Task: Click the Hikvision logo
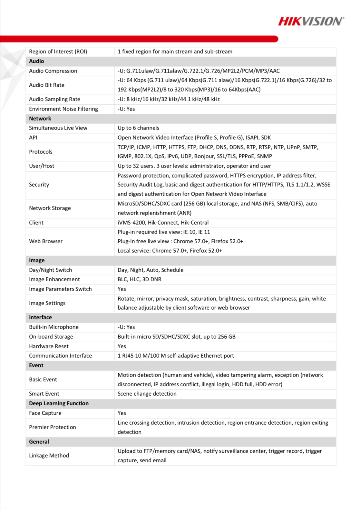pyautogui.click(x=311, y=21)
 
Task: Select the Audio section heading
pyautogui.click(x=36, y=61)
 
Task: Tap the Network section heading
pyautogui.click(x=40, y=119)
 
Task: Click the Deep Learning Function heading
pyautogui.click(x=59, y=403)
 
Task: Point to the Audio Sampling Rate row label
pyautogui.click(x=54, y=99)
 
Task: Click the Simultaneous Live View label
pyautogui.click(x=58, y=128)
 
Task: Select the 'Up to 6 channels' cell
pyautogui.click(x=138, y=128)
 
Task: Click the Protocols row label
pyautogui.click(x=41, y=152)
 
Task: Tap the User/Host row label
pyautogui.click(x=42, y=166)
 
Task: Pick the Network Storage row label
pyautogui.click(x=50, y=208)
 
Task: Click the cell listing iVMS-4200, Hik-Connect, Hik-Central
pyautogui.click(x=163, y=223)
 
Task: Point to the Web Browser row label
pyautogui.click(x=46, y=241)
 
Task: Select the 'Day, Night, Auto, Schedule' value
pyautogui.click(x=151, y=270)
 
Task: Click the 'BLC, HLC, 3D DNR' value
pyautogui.click(x=140, y=279)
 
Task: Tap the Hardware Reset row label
pyautogui.click(x=49, y=346)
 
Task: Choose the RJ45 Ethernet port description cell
pyautogui.click(x=176, y=356)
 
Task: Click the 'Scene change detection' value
pyautogui.click(x=147, y=394)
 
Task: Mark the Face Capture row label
pyautogui.click(x=45, y=413)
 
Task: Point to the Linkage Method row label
pyautogui.click(x=49, y=456)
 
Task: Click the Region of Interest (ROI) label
pyautogui.click(x=58, y=52)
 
